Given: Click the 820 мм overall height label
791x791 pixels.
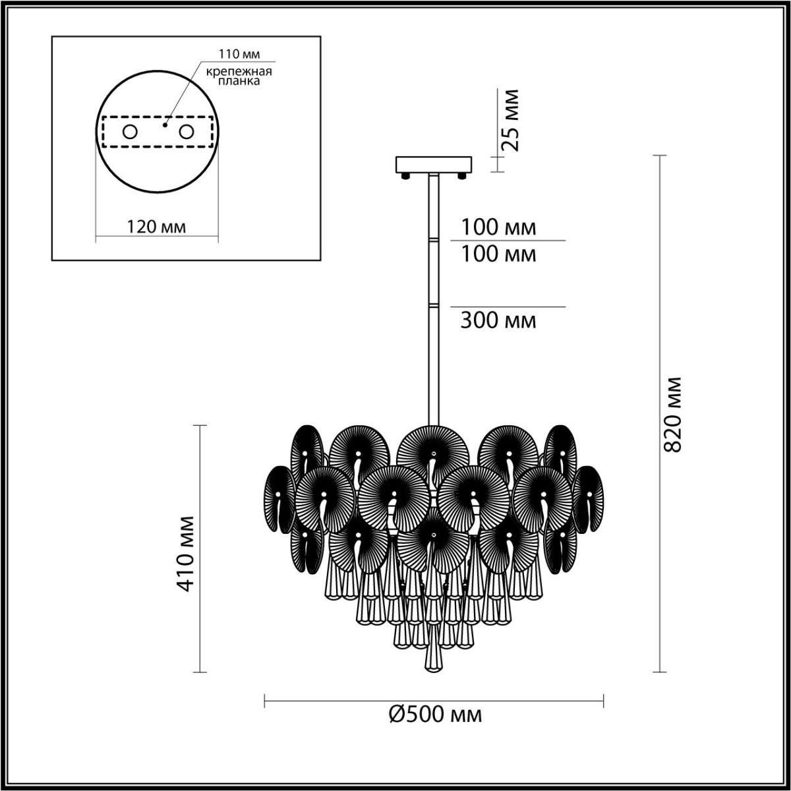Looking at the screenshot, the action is (x=672, y=414).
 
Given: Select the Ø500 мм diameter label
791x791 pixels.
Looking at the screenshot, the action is (x=435, y=715).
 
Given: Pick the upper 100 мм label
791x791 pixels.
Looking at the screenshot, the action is (x=498, y=228).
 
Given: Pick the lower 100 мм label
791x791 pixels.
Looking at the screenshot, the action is (x=498, y=254).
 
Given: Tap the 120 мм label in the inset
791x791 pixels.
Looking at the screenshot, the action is (x=156, y=227).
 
